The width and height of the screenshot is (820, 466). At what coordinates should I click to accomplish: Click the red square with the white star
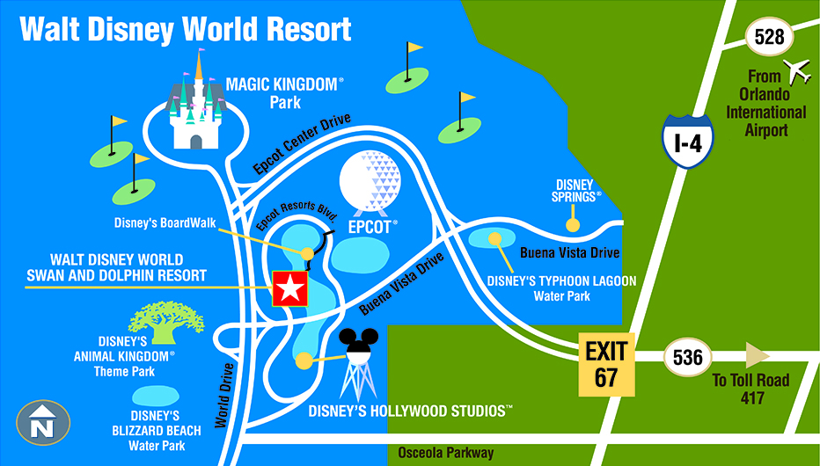pos(290,288)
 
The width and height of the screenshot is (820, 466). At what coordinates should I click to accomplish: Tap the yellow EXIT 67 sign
pos(607,365)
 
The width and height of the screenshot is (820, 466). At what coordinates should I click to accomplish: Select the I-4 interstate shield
pos(687,142)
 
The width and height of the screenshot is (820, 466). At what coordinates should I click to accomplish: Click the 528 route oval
pos(770,38)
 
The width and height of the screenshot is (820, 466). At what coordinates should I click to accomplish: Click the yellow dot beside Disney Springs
pos(573,225)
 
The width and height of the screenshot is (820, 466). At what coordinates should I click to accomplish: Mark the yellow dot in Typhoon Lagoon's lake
pos(495,237)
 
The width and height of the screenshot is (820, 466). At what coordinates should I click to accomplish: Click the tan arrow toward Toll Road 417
pos(757,356)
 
